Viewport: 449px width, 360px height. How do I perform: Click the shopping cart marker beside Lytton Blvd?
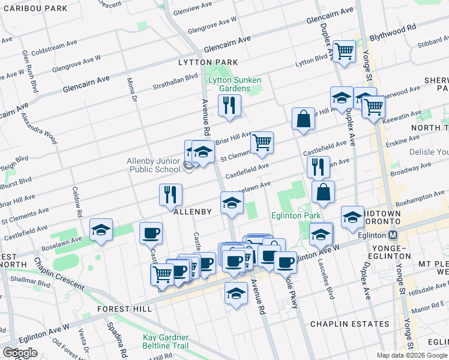344,52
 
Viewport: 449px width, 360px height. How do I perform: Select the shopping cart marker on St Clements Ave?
262,143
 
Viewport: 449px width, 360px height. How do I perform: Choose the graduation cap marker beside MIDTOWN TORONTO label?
352,217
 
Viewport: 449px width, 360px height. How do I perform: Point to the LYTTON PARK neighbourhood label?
208,62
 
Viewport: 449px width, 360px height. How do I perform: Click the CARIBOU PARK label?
34,8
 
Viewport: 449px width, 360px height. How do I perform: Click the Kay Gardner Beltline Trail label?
166,342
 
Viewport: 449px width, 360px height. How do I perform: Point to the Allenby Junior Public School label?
154,165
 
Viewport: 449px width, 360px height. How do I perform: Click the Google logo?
20,353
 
